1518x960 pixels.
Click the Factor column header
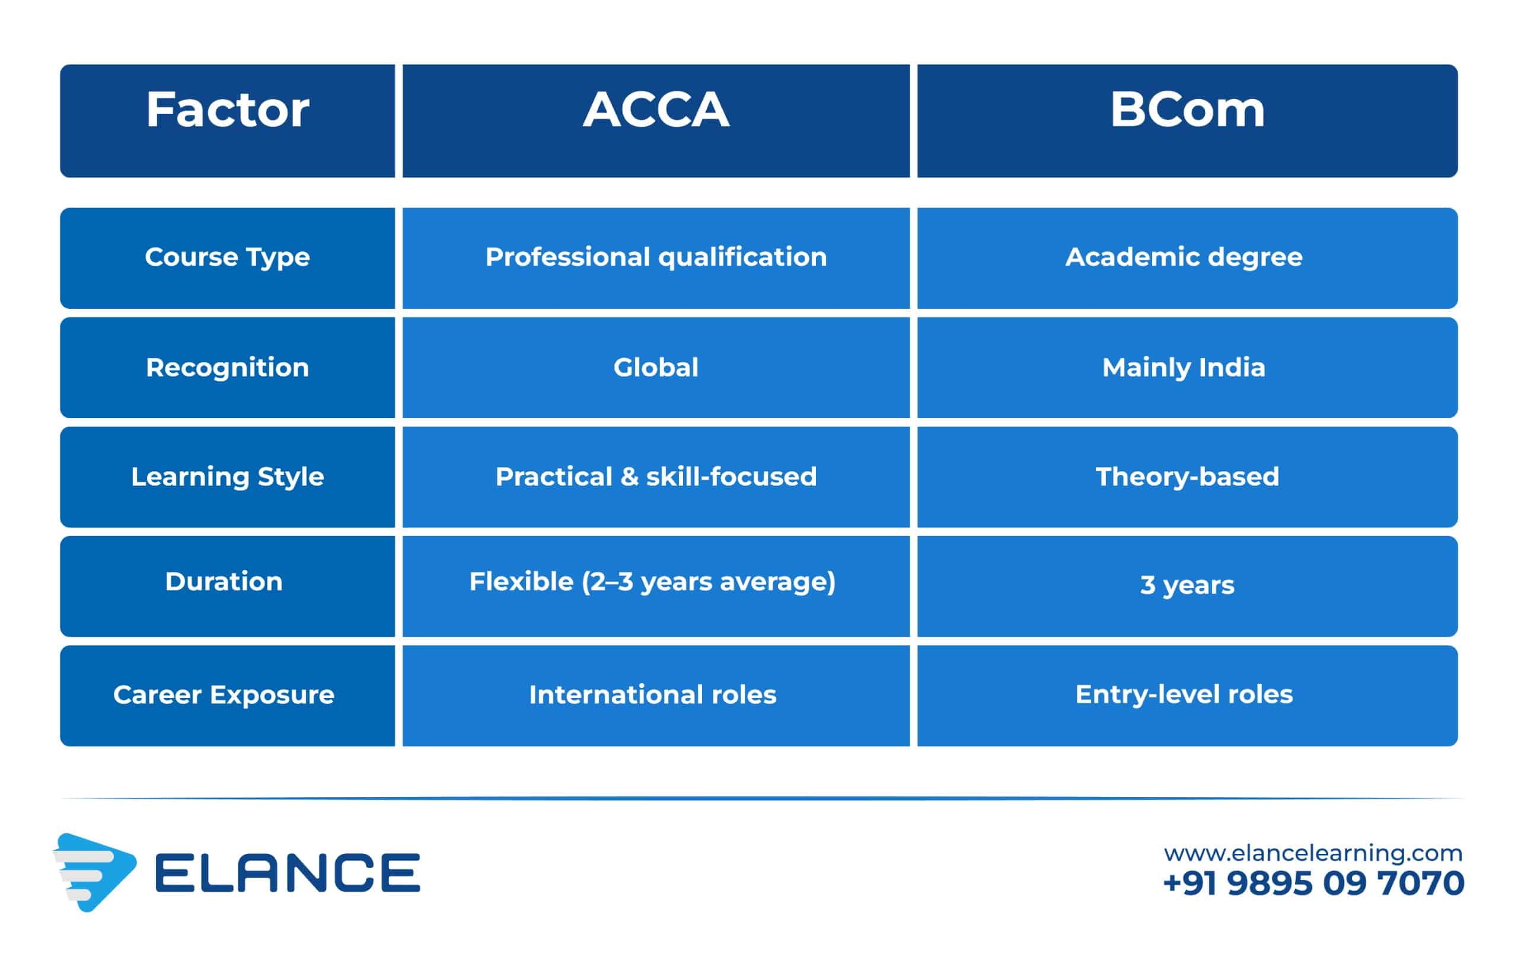(228, 120)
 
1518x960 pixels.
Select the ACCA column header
(656, 120)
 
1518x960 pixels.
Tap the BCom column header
(1187, 120)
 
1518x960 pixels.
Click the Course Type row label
(228, 259)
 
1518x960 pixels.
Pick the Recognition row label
(228, 368)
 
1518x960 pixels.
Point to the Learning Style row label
(228, 477)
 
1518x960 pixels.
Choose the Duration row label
(228, 586)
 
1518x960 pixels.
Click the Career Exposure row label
(228, 696)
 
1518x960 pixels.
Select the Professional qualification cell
(656, 259)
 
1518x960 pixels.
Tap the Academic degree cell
(1187, 259)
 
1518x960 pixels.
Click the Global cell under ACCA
(656, 368)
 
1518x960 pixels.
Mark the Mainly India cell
(1187, 368)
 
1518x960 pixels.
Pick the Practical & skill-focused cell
(656, 477)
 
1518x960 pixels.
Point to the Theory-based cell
(1187, 477)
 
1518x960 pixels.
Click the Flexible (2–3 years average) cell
(656, 586)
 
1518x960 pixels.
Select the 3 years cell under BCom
(1187, 586)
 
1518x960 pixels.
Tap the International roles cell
(656, 696)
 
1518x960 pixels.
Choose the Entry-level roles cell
(1187, 696)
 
